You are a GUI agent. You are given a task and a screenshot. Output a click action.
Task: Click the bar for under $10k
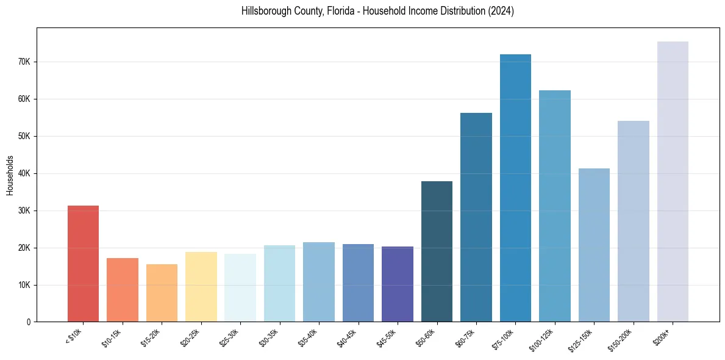pyautogui.click(x=83, y=264)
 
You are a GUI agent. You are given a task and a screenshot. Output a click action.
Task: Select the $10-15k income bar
pyautogui.click(x=123, y=290)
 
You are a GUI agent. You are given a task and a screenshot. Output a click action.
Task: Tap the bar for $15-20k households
pyautogui.click(x=162, y=293)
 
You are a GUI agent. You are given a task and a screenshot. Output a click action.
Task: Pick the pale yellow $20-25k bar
pyautogui.click(x=201, y=287)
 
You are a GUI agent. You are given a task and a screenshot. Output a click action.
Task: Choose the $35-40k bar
pyautogui.click(x=319, y=282)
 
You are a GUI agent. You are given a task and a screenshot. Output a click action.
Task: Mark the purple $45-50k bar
pyautogui.click(x=398, y=284)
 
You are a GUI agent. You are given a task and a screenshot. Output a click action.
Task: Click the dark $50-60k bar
pyautogui.click(x=437, y=251)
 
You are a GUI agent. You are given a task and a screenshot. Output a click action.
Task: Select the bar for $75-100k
pyautogui.click(x=515, y=188)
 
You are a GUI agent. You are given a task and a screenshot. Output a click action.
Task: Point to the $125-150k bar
pyautogui.click(x=594, y=245)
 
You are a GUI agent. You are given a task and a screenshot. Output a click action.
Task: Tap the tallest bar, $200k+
pyautogui.click(x=673, y=181)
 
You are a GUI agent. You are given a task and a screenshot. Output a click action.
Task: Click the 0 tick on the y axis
pyautogui.click(x=28, y=322)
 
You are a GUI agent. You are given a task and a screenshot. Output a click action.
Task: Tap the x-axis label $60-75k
pyautogui.click(x=465, y=337)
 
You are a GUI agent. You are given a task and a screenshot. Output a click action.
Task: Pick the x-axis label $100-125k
pyautogui.click(x=541, y=339)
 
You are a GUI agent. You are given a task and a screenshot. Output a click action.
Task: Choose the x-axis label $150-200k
pyautogui.click(x=620, y=339)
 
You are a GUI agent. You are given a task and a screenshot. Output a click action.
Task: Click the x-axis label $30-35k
pyautogui.click(x=269, y=337)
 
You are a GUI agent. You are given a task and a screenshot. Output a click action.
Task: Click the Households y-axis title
pyautogui.click(x=10, y=175)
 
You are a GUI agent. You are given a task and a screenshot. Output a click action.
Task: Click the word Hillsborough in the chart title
pyautogui.click(x=264, y=11)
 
